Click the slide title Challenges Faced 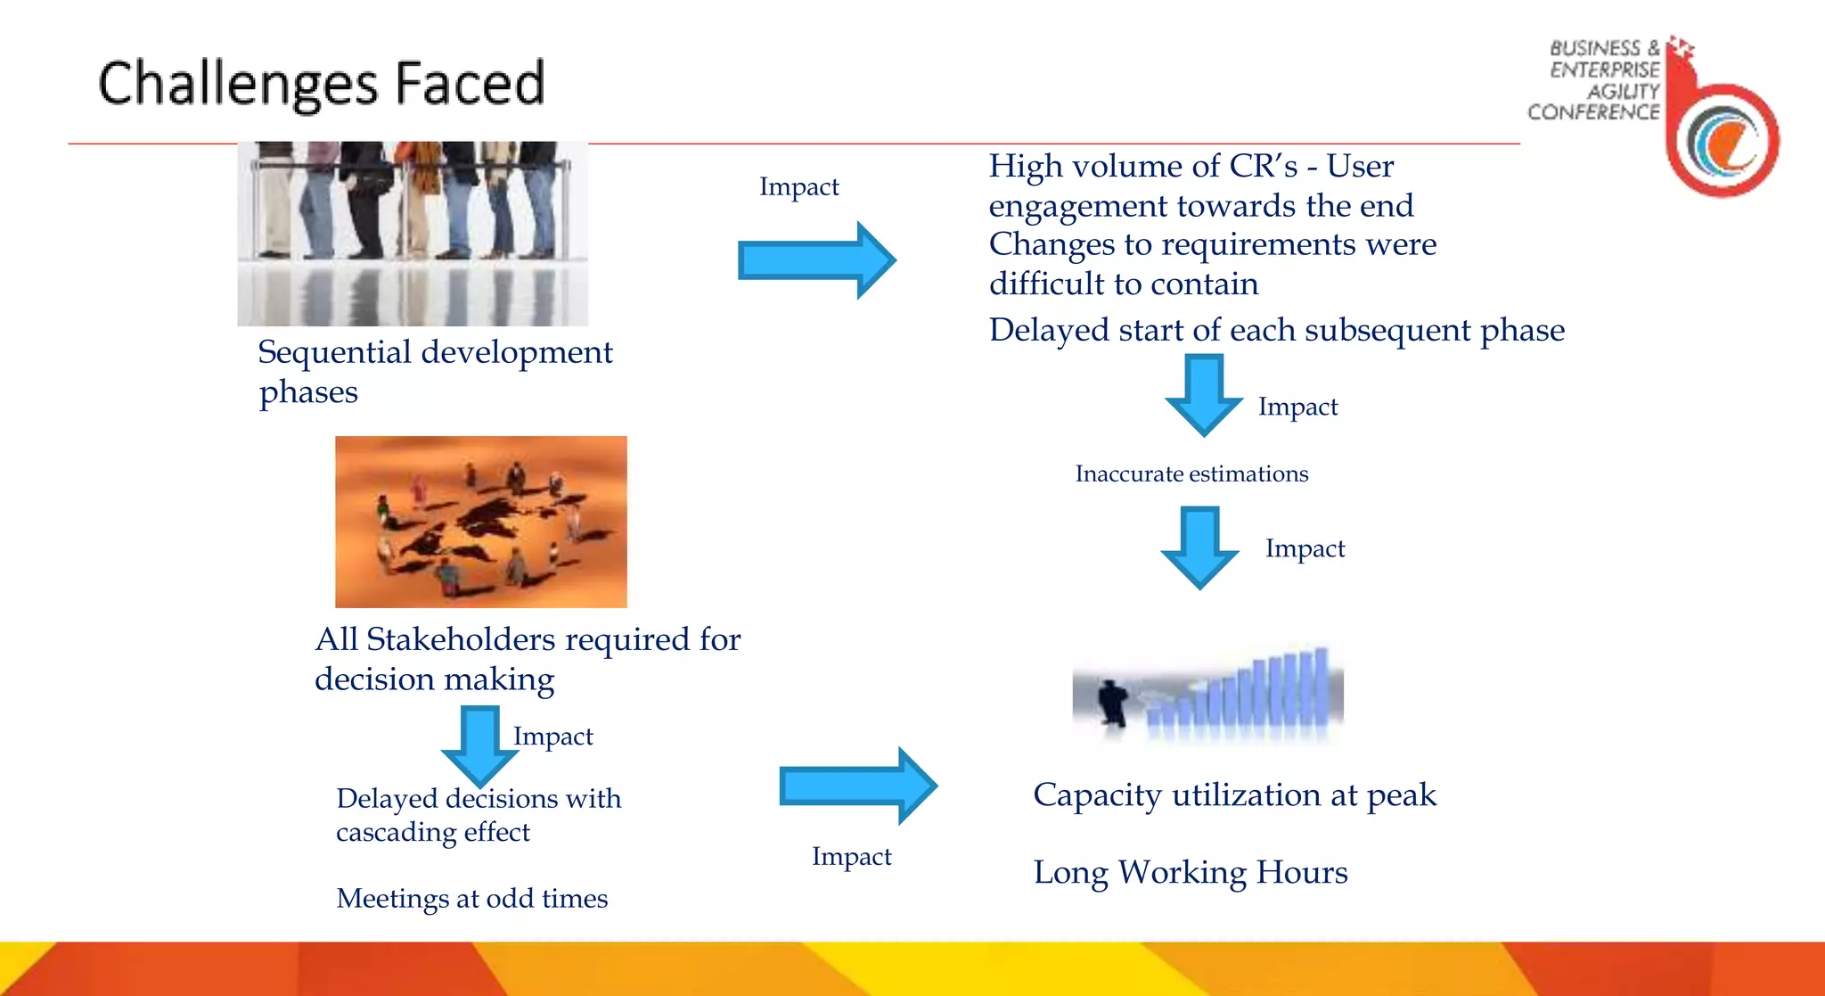coord(321,84)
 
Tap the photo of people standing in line coord(413,234)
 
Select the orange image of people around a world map coord(481,522)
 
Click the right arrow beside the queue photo coord(816,260)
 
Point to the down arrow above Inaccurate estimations coord(1204,394)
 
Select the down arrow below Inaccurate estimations coord(1199,547)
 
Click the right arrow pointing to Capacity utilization coord(857,786)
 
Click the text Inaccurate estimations coord(1191,473)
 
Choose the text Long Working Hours coord(1190,872)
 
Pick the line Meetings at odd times coord(471,898)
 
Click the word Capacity coord(1098,794)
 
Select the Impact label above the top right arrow coord(798,186)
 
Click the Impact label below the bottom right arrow coord(851,856)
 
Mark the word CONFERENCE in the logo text coord(1593,112)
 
